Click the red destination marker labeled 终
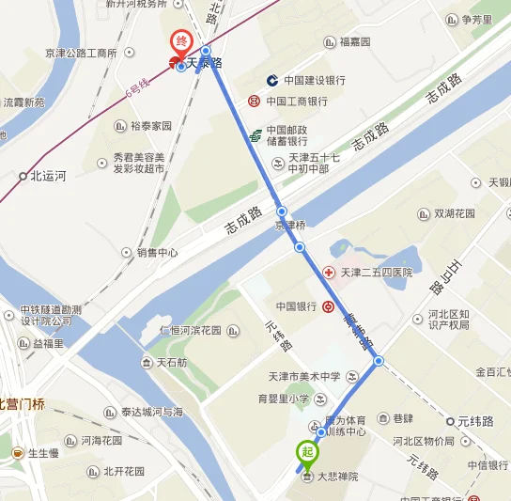coord(179,43)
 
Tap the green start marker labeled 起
coord(306,452)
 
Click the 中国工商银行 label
coord(296,101)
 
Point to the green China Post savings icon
coord(255,136)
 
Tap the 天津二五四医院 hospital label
coord(376,273)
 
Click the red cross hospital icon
coord(329,273)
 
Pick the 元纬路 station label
coord(475,421)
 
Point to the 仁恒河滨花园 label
coord(190,330)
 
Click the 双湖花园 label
coord(457,212)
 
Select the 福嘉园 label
coord(355,42)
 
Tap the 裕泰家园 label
coord(151,125)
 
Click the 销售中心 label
coord(157,252)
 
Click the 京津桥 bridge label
coord(289,226)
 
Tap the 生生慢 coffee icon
coord(17,453)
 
